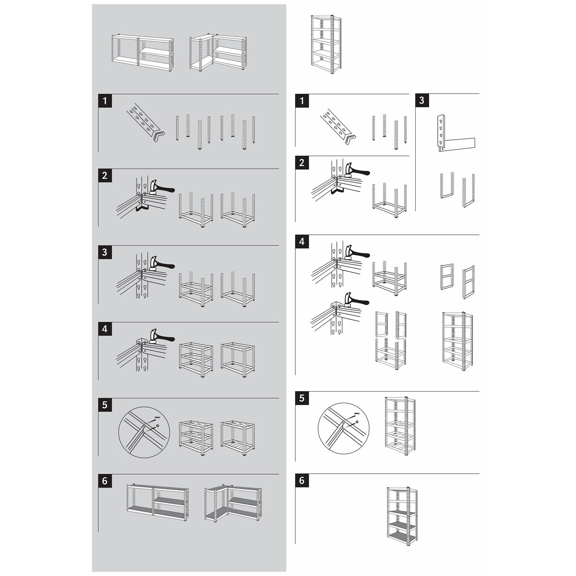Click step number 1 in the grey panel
tap(105, 101)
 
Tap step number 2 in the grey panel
tap(105, 176)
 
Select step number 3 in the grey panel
tap(105, 252)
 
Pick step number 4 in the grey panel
tap(105, 329)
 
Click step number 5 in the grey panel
tap(105, 405)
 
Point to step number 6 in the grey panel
tap(105, 481)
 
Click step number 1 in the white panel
tap(302, 101)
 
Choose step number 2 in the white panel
tap(302, 163)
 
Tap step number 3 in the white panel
tap(422, 100)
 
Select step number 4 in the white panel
tap(302, 241)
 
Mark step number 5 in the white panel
tap(302, 398)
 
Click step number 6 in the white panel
tap(302, 480)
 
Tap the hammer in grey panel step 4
tap(160, 337)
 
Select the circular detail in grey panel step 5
tap(144, 432)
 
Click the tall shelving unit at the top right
tap(326, 44)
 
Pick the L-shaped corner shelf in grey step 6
tap(233, 503)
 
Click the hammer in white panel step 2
tap(356, 171)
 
